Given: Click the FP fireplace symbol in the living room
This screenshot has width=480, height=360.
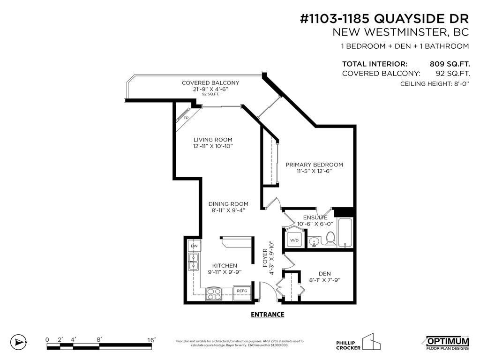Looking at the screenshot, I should tap(185, 117).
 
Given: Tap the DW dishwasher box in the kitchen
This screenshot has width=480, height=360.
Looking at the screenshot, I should tap(194, 246).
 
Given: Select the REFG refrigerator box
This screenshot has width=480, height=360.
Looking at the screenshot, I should tap(242, 291).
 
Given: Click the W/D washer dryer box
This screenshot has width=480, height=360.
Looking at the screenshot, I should tap(294, 240).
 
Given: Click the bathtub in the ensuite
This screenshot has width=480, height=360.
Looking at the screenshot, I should tap(345, 232).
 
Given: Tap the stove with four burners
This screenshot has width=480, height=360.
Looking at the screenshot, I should tap(214, 294).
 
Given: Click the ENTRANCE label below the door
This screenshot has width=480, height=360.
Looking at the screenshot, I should tap(267, 315).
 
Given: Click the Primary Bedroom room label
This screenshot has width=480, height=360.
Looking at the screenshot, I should tap(314, 165).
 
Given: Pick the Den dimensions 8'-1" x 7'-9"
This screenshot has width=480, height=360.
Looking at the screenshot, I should tap(324, 280).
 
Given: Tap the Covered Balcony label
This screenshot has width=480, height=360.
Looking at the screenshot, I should tap(210, 83).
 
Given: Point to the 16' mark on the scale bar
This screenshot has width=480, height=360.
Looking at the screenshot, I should tap(151, 339).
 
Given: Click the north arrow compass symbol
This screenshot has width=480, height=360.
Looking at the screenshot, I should tap(18, 342).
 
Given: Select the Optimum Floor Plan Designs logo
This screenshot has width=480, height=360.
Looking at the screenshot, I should tap(447, 343).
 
